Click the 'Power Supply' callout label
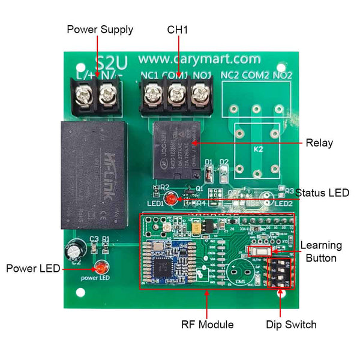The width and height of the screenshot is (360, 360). pos(100,29)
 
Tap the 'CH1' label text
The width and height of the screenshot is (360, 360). pos(178,29)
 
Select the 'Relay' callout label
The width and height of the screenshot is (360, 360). pos(319,143)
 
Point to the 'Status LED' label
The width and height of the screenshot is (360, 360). pos(322,193)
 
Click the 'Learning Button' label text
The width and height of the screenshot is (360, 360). pos(321,251)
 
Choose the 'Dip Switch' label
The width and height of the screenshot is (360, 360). pos(291,325)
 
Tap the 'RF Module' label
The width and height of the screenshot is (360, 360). pos(207,325)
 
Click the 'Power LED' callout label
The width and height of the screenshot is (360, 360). pos(33,268)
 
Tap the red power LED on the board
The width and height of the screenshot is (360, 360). pos(100,267)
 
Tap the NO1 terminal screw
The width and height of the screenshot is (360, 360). pos(200,94)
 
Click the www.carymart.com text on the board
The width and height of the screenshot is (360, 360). pos(199,59)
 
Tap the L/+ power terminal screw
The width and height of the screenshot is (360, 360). pos(82,92)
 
